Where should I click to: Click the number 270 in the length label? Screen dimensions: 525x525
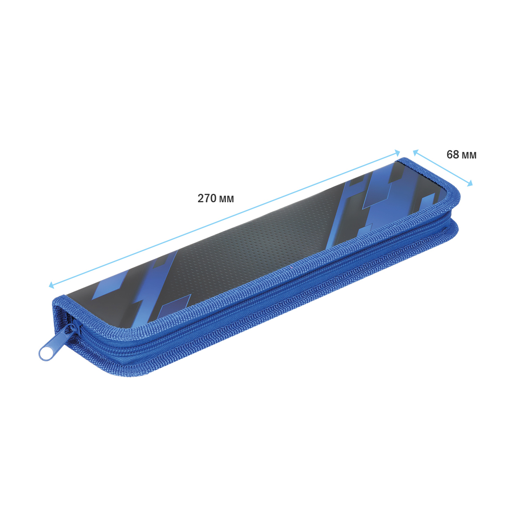coord(207,198)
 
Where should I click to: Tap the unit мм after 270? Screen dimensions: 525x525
coord(226,199)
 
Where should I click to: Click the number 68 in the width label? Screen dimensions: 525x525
coord(453,154)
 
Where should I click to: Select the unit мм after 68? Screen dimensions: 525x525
coord(469,156)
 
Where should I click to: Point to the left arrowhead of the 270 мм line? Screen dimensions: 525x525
coord(51,285)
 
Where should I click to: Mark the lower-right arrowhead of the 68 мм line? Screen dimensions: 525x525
coord(470,184)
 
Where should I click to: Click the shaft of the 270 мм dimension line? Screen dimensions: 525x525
coord(224,219)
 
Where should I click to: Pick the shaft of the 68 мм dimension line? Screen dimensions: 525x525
coord(443,168)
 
